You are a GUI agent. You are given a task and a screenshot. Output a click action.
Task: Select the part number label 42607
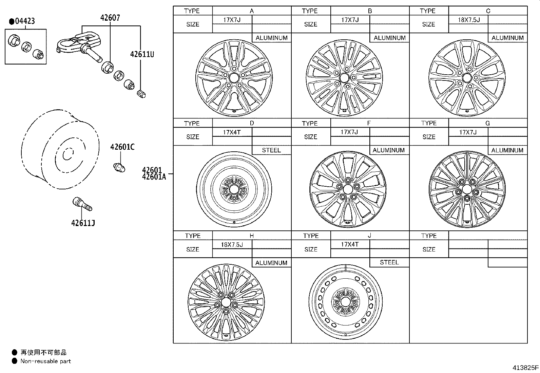110,18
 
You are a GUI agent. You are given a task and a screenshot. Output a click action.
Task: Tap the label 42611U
142,54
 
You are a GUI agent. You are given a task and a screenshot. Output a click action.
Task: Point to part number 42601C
122,147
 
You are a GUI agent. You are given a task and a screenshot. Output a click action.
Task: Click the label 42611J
83,223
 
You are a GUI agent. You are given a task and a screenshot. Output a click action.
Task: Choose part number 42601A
154,176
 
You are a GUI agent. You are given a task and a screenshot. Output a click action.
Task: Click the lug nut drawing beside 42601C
119,167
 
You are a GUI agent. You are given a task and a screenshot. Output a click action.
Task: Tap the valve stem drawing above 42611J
82,204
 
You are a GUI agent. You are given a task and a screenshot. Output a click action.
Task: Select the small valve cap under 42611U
141,94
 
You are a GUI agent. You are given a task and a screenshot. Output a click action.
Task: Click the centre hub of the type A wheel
234,78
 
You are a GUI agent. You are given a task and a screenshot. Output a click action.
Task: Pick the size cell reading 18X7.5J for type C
469,20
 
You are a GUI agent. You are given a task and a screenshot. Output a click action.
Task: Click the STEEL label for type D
271,150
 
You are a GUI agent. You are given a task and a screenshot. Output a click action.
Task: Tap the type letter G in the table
487,123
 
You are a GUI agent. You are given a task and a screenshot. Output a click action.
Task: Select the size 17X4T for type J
350,244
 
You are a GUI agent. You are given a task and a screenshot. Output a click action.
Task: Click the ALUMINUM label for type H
271,263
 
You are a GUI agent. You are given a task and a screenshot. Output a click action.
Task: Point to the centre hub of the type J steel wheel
346,301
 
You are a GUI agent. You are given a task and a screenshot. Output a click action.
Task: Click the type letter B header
370,11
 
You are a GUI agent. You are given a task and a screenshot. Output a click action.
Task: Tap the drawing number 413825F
525,368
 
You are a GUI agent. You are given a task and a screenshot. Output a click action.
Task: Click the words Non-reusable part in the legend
46,361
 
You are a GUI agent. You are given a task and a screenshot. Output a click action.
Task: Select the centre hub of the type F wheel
348,189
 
